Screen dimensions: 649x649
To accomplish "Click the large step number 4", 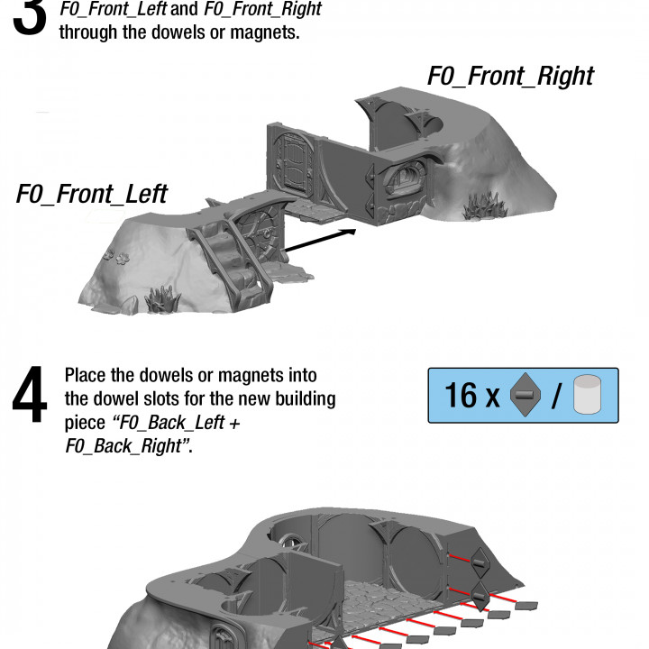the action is pyautogui.click(x=30, y=394).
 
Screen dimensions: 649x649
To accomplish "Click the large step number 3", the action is pyautogui.click(x=30, y=16).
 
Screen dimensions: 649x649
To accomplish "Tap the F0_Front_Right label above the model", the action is pyautogui.click(x=510, y=77).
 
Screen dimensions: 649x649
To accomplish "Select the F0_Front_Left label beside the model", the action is pyautogui.click(x=91, y=194).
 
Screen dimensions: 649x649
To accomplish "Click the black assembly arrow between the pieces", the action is pyautogui.click(x=320, y=240).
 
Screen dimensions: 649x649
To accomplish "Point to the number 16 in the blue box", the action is pyautogui.click(x=461, y=395).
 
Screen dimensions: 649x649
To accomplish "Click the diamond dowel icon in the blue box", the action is pyautogui.click(x=526, y=395).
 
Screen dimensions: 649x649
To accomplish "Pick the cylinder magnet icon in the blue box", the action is pyautogui.click(x=588, y=395).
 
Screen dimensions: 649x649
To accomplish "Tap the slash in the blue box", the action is pyautogui.click(x=557, y=396).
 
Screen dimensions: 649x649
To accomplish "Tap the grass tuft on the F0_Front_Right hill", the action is pyautogui.click(x=484, y=205).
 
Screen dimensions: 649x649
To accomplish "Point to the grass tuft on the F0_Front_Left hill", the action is pyautogui.click(x=162, y=298).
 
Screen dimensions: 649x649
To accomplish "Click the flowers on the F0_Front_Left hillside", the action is pyautogui.click(x=116, y=256).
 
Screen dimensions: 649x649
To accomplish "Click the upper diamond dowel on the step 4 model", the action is pyautogui.click(x=480, y=562).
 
